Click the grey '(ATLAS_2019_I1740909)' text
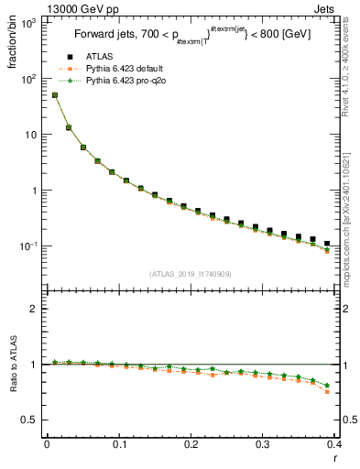(189, 274)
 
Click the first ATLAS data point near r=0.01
(54, 94)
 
